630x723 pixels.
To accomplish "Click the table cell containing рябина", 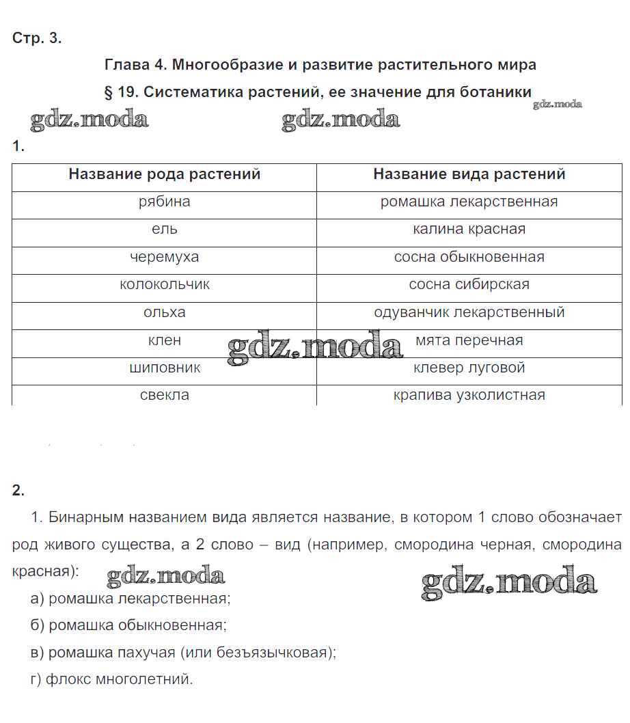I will click(164, 202).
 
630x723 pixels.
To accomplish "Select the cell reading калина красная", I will click(469, 230).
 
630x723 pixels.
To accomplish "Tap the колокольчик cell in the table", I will click(164, 285).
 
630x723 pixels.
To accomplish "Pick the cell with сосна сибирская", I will click(469, 285).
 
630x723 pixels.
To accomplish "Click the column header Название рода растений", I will click(164, 174).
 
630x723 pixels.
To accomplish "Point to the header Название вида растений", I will click(469, 174).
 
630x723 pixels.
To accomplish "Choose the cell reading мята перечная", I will click(469, 340).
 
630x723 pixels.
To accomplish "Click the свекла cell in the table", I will click(164, 395).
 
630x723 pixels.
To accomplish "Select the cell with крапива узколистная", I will click(469, 395).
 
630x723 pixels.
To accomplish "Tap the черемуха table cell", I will click(164, 258).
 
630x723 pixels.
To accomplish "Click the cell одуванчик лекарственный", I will click(469, 312).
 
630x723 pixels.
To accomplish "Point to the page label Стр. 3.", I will click(37, 38).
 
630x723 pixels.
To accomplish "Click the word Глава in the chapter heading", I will click(126, 66).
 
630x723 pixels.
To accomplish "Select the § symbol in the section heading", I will click(109, 92).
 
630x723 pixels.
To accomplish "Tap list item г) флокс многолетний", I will click(112, 680).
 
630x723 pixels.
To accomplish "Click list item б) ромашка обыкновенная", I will click(128, 625).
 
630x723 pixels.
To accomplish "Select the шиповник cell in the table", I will click(164, 368).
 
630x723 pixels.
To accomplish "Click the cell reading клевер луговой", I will click(469, 368).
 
